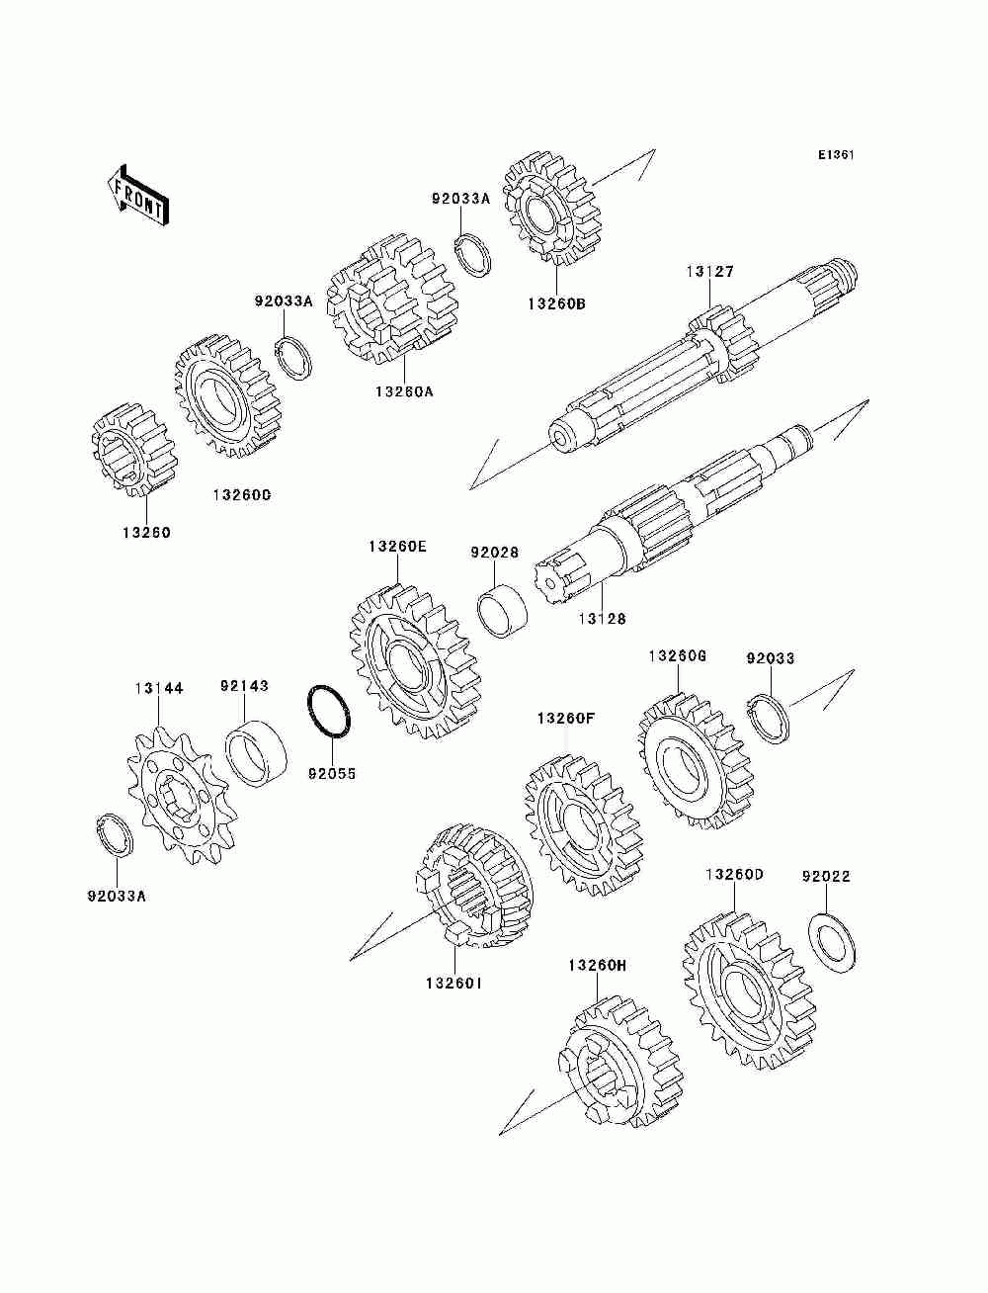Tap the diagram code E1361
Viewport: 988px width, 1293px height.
coord(835,155)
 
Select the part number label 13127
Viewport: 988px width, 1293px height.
coord(710,271)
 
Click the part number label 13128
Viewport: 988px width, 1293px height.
coord(602,619)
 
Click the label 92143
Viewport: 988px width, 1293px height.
coord(244,685)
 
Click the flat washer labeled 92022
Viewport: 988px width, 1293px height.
coord(832,944)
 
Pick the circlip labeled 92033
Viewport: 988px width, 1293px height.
coord(769,717)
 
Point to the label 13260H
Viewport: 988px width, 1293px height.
coord(598,964)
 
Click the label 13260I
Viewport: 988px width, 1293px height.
coord(454,985)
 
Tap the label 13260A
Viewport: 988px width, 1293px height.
coord(404,390)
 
